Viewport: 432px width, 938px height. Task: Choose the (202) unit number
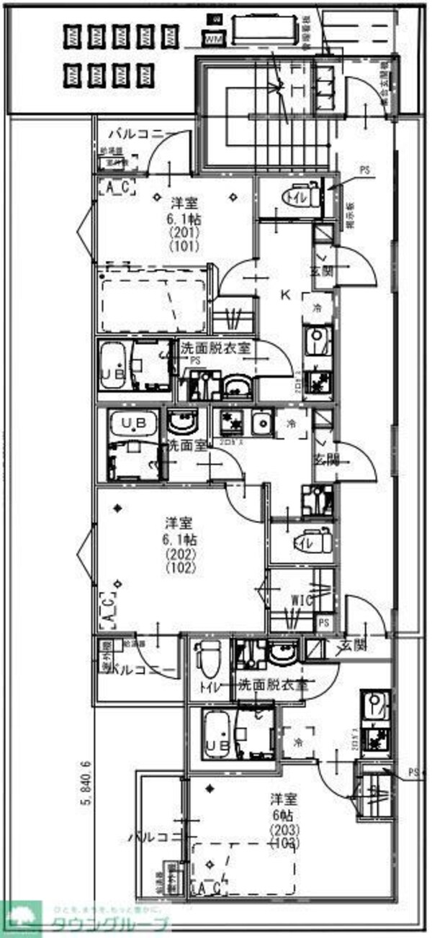click(x=179, y=555)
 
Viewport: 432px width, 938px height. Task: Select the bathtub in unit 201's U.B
click(x=114, y=366)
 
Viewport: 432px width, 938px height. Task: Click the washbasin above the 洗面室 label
click(x=180, y=421)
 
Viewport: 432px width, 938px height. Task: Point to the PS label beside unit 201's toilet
click(x=364, y=170)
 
